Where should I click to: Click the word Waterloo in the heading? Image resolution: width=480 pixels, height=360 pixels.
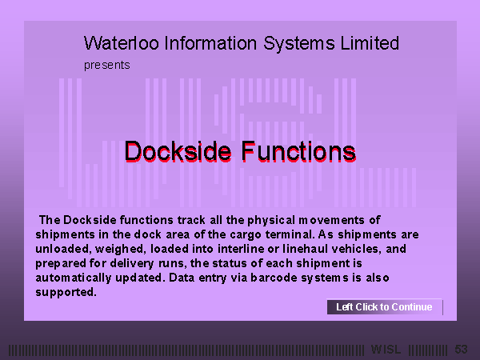pyautogui.click(x=122, y=43)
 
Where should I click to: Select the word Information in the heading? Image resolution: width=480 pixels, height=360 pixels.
pyautogui.click(x=210, y=43)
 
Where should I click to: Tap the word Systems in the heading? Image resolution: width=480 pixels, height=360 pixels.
pyautogui.click(x=299, y=43)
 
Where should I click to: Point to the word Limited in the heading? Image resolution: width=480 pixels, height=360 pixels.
pyautogui.click(x=370, y=43)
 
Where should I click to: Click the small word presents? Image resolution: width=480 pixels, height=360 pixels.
pyautogui.click(x=107, y=66)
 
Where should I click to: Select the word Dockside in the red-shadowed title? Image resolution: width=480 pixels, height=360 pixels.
pyautogui.click(x=178, y=151)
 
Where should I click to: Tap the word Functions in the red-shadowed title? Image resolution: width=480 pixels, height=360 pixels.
pyautogui.click(x=298, y=151)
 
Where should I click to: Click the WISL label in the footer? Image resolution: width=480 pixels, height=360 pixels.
pyautogui.click(x=386, y=350)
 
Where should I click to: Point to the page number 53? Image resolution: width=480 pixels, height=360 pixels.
pyautogui.click(x=461, y=350)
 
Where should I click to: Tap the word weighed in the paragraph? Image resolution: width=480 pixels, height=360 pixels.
pyautogui.click(x=119, y=249)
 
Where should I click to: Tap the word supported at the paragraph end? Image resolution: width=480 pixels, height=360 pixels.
pyautogui.click(x=66, y=292)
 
